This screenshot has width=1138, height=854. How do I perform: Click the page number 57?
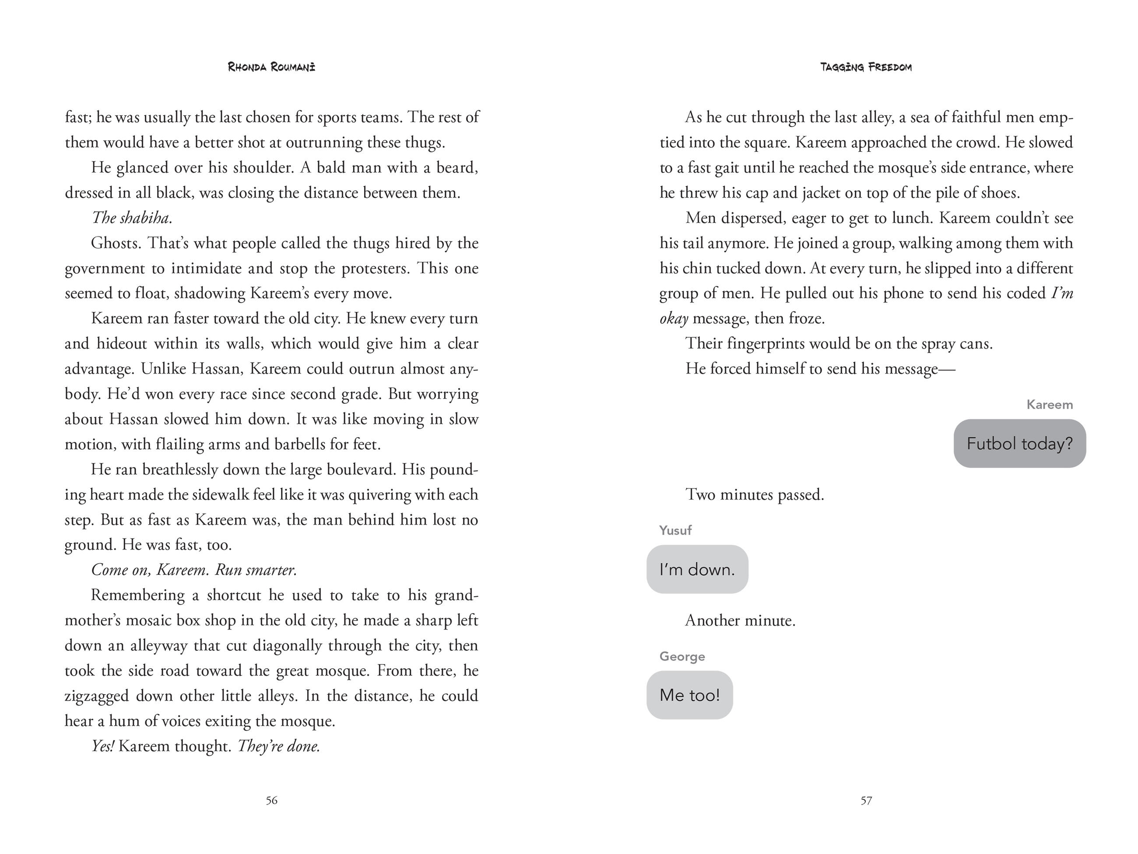click(866, 800)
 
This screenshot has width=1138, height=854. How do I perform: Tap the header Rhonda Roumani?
click(272, 67)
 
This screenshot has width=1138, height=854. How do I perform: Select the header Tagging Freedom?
click(866, 67)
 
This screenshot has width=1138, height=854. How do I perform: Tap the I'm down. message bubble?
click(697, 569)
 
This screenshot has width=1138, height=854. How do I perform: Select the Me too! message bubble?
click(689, 695)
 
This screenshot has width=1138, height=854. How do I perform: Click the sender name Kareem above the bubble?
click(1050, 405)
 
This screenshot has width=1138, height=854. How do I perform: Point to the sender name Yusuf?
click(675, 530)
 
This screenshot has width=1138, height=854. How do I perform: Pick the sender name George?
click(682, 656)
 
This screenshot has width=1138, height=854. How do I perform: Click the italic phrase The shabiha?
click(132, 218)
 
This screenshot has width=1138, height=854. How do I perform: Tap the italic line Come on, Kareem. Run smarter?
click(194, 569)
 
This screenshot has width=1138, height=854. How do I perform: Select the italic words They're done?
click(279, 746)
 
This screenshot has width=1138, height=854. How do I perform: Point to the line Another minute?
click(740, 620)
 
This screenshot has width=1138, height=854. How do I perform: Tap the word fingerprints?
click(766, 343)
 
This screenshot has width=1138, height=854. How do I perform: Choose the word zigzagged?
click(96, 696)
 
